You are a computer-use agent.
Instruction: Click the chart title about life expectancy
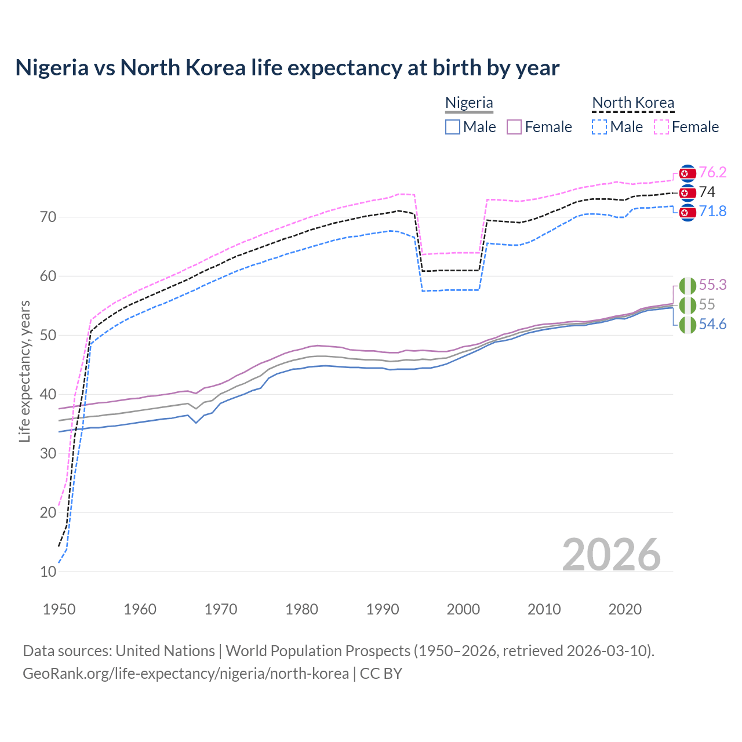pos(287,68)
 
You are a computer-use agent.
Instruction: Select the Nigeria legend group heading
pos(469,103)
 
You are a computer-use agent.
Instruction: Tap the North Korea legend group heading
pos(633,103)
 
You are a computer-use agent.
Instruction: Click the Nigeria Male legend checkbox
pos(453,127)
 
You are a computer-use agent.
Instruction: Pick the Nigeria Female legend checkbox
pos(514,127)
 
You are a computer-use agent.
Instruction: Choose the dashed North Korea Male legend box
pos(599,127)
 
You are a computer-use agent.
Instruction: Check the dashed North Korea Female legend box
pos(661,127)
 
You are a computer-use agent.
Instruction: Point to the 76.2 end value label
pos(712,172)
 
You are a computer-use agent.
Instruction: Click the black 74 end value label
pos(707,192)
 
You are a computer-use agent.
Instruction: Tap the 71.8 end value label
pos(712,212)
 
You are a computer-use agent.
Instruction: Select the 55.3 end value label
pos(712,285)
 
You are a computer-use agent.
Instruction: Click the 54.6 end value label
pos(712,324)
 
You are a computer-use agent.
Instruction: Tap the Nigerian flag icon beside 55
pos(688,305)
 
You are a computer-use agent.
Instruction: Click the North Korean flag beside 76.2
pos(688,173)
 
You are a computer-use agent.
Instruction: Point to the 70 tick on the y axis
pos(48,217)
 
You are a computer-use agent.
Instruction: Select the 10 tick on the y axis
pos(48,572)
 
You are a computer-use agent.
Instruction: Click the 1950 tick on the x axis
pos(59,609)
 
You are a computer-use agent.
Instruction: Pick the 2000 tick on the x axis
pos(463,609)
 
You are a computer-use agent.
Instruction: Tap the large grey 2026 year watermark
pos(611,554)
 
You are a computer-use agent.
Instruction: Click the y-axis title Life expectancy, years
pos(24,371)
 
